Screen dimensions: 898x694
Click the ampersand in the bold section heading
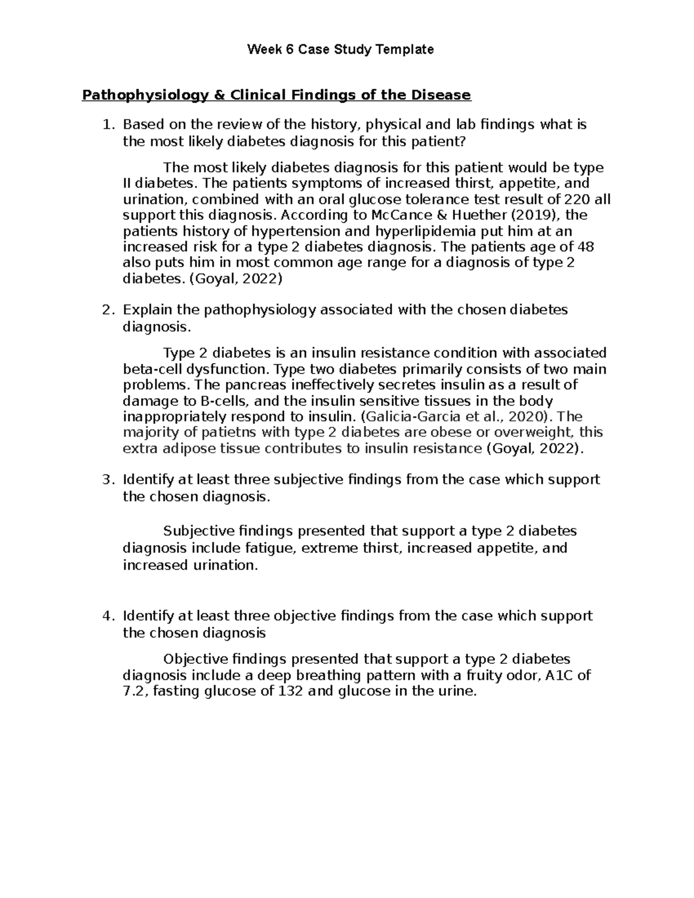click(x=219, y=95)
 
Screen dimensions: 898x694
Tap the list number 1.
click(x=106, y=124)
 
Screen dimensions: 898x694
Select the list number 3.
click(x=106, y=479)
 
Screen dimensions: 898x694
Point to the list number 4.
click(x=106, y=616)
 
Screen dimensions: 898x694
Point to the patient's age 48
click(x=585, y=247)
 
